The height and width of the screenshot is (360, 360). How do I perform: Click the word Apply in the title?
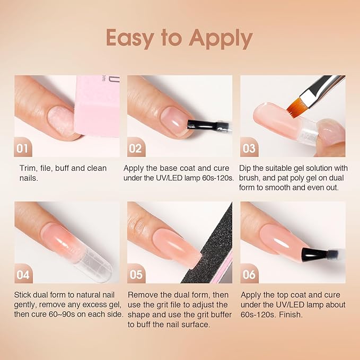pyautogui.click(x=221, y=38)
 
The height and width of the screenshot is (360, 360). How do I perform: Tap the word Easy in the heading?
pyautogui.click(x=130, y=38)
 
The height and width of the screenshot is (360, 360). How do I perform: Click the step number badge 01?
pyautogui.click(x=23, y=147)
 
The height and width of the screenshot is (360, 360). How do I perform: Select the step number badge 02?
pyautogui.click(x=136, y=147)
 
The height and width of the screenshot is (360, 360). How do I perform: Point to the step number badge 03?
pyautogui.click(x=249, y=147)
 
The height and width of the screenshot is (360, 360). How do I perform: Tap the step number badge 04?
pyautogui.click(x=23, y=274)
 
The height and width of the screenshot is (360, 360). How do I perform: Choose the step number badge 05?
pyautogui.click(x=136, y=274)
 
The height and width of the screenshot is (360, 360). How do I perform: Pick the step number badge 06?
pyautogui.click(x=249, y=274)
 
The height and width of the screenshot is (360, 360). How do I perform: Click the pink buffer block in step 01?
pyautogui.click(x=97, y=106)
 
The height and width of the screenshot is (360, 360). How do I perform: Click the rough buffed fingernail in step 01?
pyautogui.click(x=62, y=121)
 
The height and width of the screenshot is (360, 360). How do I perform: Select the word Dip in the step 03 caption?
pyautogui.click(x=245, y=168)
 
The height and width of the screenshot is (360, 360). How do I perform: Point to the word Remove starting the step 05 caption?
pyautogui.click(x=142, y=295)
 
